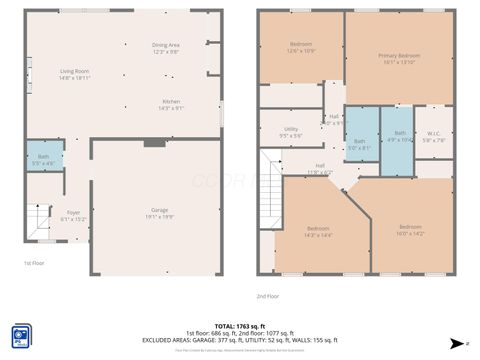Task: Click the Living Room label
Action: click(74, 73)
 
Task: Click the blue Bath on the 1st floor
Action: click(43, 158)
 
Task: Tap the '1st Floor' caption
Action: click(34, 264)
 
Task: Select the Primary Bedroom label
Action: click(399, 58)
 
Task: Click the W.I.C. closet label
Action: click(433, 137)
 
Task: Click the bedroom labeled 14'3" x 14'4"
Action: click(317, 231)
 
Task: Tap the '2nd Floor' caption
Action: click(268, 297)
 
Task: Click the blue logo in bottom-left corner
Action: click(21, 334)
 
